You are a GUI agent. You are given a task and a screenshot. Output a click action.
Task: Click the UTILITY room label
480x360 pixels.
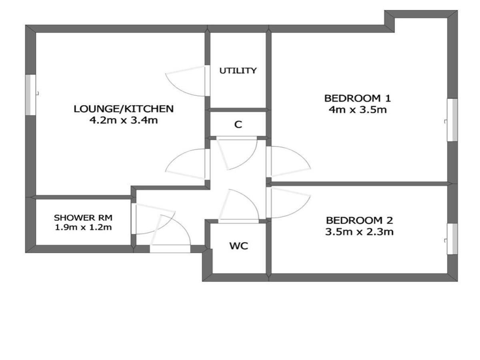tap(238, 71)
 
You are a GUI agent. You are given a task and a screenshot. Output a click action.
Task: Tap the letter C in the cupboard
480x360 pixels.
tap(238, 124)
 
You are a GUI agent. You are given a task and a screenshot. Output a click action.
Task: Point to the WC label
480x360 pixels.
tap(238, 246)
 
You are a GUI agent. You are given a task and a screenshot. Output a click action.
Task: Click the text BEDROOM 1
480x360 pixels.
tap(357, 98)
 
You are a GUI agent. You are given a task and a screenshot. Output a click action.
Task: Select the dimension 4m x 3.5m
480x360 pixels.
tap(358, 110)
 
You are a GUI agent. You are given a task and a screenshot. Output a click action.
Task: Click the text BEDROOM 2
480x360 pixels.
tap(360, 220)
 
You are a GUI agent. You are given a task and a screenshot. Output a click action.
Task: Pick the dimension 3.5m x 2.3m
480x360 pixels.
tap(359, 232)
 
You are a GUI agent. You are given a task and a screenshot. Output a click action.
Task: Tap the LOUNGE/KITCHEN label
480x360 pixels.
tap(124, 109)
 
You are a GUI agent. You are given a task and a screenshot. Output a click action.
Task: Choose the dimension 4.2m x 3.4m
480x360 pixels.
tap(124, 120)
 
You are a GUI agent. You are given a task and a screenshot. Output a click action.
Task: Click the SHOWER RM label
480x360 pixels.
tap(83, 218)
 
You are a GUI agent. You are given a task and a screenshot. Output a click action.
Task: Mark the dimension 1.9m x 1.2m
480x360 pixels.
tap(83, 227)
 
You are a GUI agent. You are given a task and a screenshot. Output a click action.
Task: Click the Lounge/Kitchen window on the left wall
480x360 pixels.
tap(31, 95)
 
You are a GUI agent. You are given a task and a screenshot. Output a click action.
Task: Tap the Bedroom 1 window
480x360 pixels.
tap(452, 120)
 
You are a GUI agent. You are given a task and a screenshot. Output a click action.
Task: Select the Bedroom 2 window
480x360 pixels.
tap(452, 239)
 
